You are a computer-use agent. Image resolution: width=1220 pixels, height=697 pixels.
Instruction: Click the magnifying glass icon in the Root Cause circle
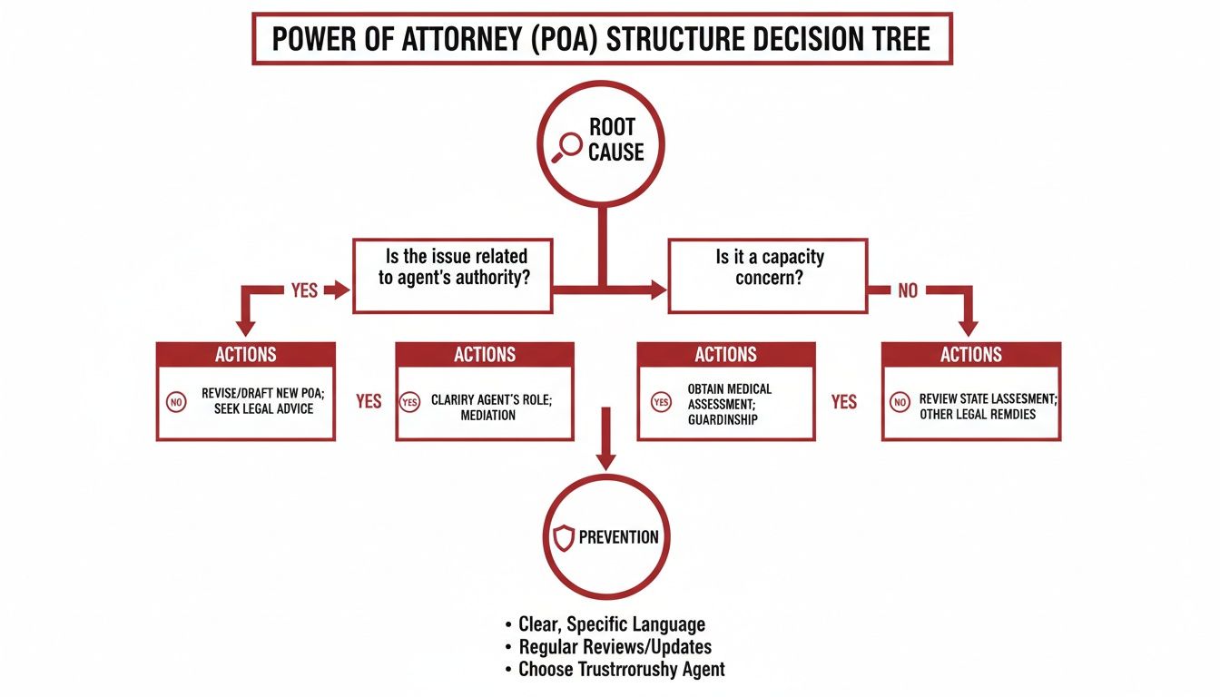(568, 145)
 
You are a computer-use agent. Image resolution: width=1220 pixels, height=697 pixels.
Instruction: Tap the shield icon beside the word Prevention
(563, 537)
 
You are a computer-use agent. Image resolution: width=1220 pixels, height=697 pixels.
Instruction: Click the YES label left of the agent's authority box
(304, 290)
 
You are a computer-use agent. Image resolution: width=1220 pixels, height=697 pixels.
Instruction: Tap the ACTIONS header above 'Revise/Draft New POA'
(246, 355)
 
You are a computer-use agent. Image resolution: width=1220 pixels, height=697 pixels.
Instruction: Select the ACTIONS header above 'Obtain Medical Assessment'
(726, 355)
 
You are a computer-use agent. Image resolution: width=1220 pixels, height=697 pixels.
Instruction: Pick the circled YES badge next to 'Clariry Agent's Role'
(410, 401)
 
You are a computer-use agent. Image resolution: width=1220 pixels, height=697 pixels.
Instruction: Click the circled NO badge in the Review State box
(900, 401)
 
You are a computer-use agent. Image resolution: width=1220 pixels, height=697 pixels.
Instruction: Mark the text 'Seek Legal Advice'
(264, 409)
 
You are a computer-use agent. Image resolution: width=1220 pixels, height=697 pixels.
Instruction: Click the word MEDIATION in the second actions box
(487, 416)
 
